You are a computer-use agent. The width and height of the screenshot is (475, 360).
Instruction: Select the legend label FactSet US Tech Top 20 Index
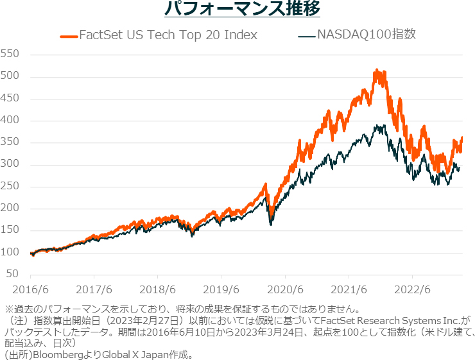(x=168, y=35)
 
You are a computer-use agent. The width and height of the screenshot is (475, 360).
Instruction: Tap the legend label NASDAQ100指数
(x=367, y=34)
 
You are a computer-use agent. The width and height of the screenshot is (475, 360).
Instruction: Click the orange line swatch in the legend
(x=69, y=35)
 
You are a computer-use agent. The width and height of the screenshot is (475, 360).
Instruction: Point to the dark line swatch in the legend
(x=307, y=35)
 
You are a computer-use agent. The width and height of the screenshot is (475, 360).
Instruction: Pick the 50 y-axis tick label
(x=12, y=275)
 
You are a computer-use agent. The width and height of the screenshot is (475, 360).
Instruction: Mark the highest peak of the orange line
(x=377, y=70)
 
